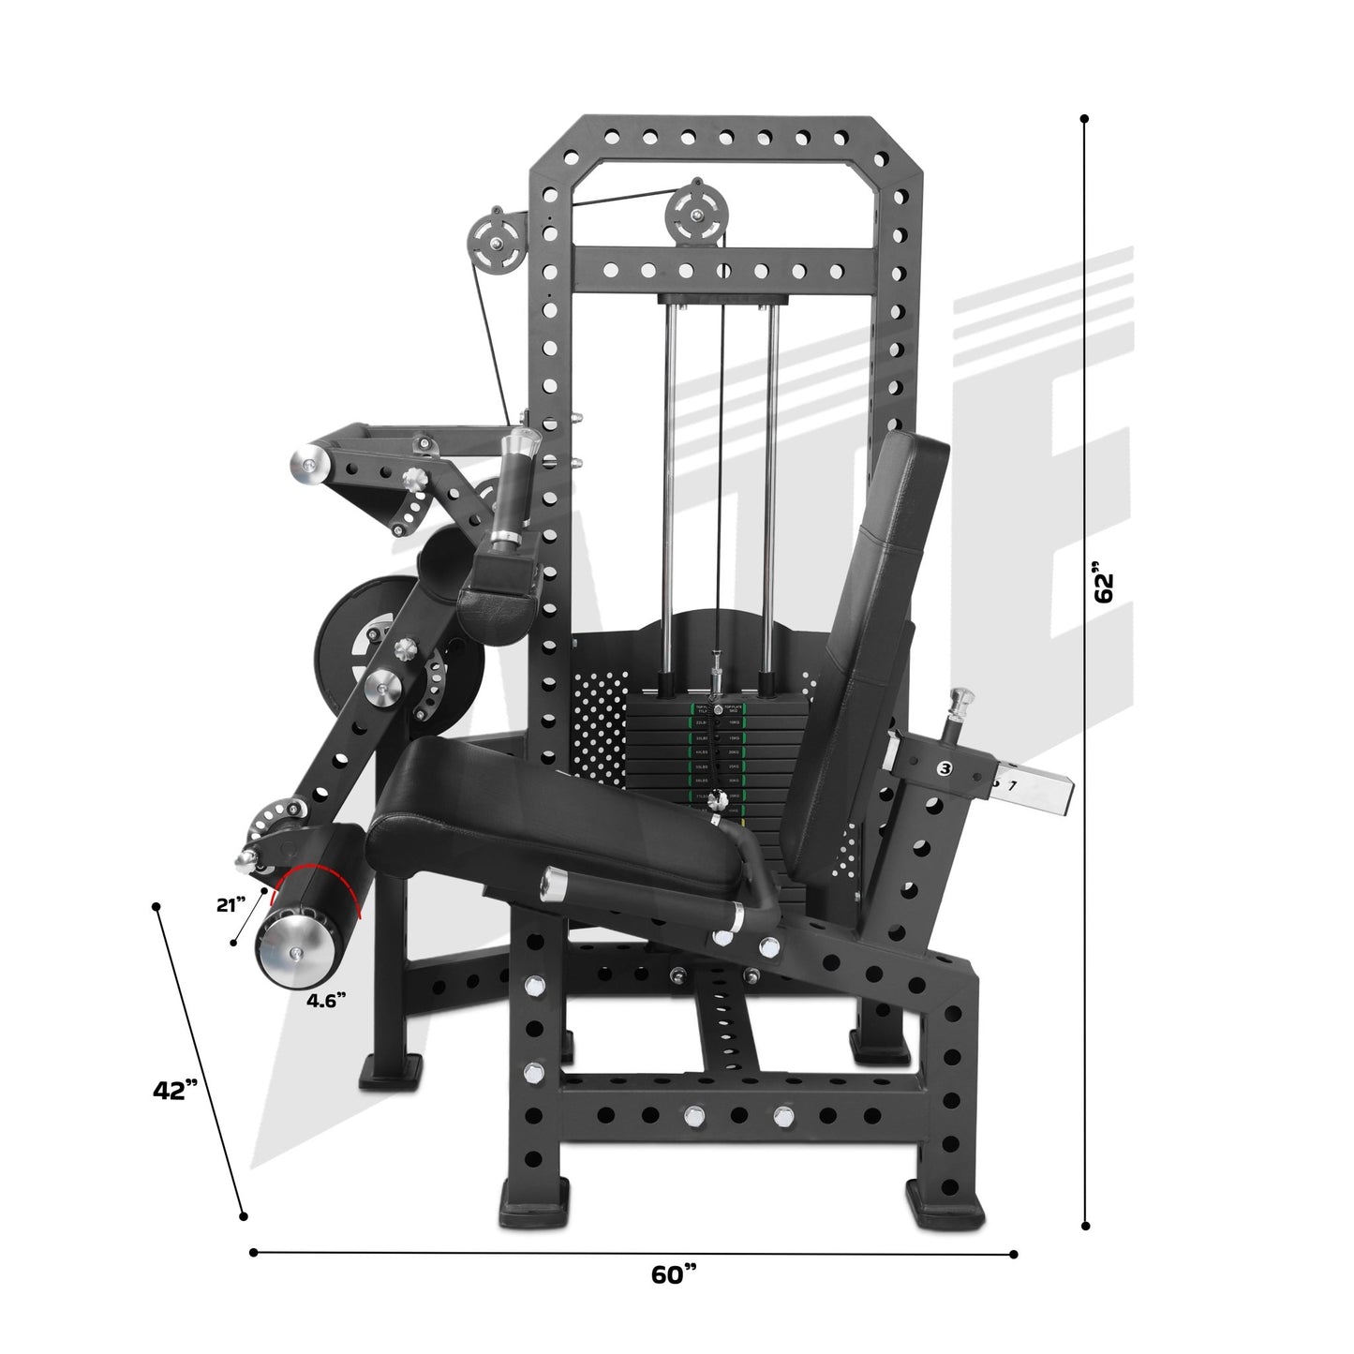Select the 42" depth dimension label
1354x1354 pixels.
tap(175, 1090)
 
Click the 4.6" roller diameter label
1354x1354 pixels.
tap(331, 999)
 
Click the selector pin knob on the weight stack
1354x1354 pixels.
tap(719, 799)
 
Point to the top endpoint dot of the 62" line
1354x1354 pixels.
tap(1084, 119)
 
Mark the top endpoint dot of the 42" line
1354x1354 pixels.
tap(156, 906)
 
